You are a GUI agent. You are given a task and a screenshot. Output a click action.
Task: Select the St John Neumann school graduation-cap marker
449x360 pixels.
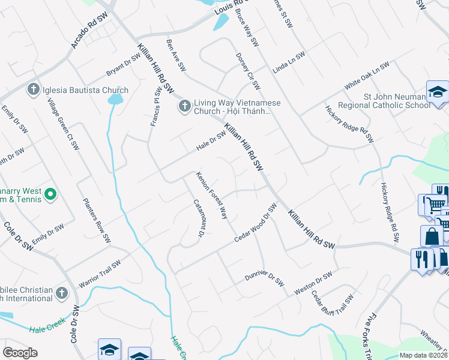click(x=438, y=92)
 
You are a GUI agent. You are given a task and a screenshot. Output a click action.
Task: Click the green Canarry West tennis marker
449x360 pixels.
click(x=50, y=194)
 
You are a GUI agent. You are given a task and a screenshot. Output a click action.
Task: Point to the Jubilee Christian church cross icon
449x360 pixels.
click(x=61, y=293)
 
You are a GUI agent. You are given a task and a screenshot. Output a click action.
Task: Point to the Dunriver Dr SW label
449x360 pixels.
click(x=264, y=278)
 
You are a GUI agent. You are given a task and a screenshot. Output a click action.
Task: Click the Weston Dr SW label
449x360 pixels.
click(x=313, y=283)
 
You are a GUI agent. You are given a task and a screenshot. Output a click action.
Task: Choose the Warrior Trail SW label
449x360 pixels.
click(x=99, y=273)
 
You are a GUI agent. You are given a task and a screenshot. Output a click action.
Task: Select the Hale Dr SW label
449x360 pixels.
click(x=212, y=142)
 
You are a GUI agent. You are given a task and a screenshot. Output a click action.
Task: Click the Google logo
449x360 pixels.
click(x=20, y=352)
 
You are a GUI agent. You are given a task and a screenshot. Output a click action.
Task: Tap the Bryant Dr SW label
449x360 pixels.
click(x=123, y=65)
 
